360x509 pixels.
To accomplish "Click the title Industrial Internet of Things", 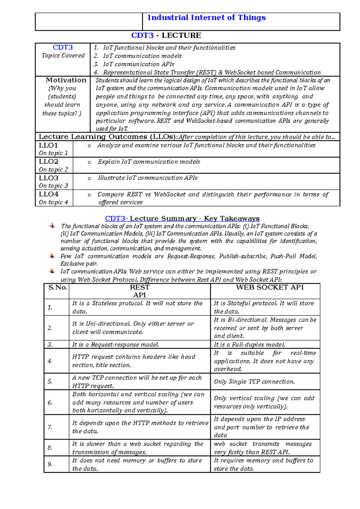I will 206,18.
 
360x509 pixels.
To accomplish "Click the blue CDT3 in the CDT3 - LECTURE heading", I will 142,35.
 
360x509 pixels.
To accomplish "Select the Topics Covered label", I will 63,55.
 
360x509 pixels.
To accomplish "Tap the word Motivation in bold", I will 66,80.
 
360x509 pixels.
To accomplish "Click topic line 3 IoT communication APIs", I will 138,64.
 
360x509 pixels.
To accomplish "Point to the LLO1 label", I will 48,145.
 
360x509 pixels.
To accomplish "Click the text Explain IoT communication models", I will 149,162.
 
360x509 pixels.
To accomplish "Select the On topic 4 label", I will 53,202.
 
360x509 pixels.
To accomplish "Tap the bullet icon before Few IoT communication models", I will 52,256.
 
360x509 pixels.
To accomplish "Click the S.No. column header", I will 58,287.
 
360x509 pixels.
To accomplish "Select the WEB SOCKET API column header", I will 269,287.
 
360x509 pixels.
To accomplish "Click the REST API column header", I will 139,291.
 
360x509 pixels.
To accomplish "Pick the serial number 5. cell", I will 50,382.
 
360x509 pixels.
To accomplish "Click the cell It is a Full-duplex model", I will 249,345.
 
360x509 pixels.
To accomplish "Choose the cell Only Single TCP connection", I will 254,382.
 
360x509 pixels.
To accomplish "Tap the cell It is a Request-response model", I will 115,345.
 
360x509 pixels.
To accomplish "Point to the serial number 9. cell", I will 50,464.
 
